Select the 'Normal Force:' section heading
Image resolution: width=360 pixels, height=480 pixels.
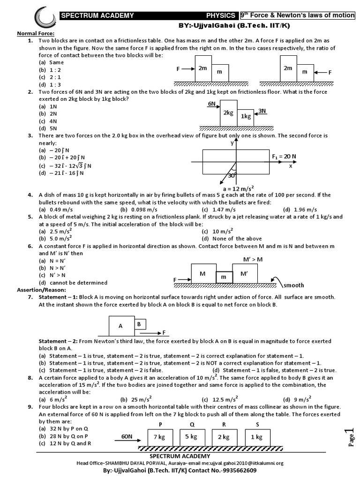(x=36, y=34)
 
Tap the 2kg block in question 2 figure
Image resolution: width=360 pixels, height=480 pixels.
(x=228, y=113)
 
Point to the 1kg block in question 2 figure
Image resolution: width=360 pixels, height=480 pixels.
(x=246, y=117)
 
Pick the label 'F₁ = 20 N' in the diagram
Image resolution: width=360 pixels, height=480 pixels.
(x=285, y=156)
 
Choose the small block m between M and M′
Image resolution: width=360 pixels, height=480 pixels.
(x=224, y=277)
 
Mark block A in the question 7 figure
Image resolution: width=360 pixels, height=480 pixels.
(x=120, y=325)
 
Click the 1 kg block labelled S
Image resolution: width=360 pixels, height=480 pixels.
(x=257, y=437)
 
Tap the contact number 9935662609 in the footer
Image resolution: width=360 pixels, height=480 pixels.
(x=236, y=470)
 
